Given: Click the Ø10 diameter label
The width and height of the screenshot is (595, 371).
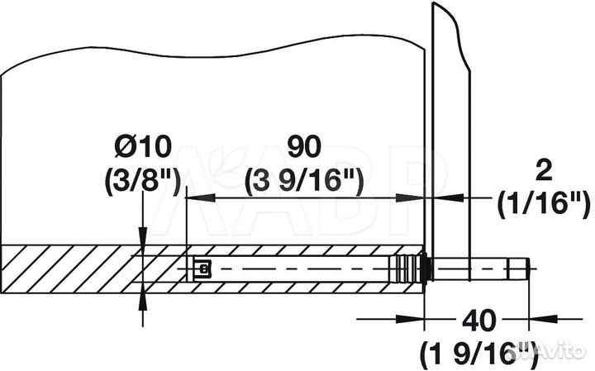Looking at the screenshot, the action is (143, 147).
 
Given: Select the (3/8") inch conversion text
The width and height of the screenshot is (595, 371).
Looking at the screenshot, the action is (142, 182).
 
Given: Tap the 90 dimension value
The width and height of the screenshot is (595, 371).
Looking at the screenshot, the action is (304, 147).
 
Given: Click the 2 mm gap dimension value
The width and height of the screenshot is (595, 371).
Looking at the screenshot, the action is (545, 172).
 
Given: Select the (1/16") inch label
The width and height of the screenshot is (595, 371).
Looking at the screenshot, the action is (544, 204).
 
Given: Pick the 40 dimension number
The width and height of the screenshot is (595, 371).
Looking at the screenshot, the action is (478, 321).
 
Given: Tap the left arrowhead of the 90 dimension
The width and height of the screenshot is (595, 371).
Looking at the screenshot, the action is (201, 197).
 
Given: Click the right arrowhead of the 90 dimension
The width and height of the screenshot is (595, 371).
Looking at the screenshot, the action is (410, 197).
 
